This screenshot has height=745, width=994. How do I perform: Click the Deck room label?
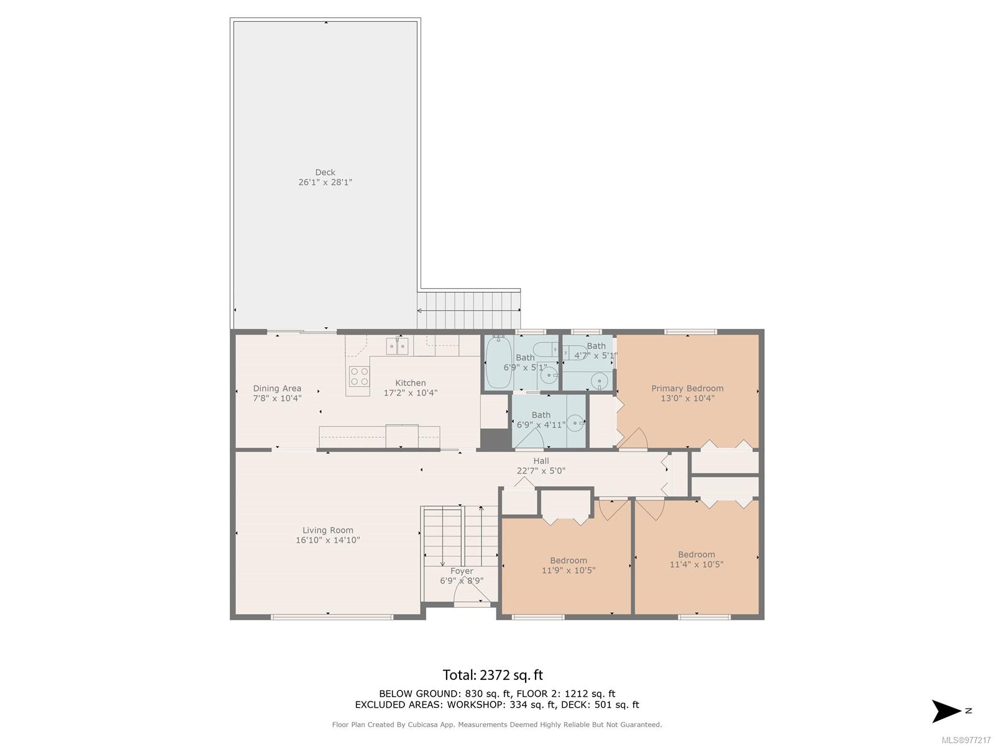tap(325, 173)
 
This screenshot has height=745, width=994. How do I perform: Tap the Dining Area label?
tap(276, 388)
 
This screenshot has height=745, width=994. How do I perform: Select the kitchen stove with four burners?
tap(359, 376)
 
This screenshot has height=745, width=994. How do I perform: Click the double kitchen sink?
tap(397, 346)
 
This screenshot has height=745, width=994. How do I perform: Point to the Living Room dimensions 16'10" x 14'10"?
tap(327, 540)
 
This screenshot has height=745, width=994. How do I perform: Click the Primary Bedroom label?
tap(687, 388)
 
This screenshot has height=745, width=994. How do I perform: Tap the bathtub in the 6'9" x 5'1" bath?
tap(499, 363)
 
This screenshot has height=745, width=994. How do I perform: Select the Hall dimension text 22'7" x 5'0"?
tap(540, 471)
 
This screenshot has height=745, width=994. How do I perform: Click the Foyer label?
tap(462, 571)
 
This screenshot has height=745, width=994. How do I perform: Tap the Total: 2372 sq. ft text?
tap(492, 675)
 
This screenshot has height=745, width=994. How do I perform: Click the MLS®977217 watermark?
tap(966, 740)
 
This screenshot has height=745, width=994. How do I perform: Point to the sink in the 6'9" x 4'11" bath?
tap(575, 423)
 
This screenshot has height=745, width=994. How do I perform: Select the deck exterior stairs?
tap(468, 310)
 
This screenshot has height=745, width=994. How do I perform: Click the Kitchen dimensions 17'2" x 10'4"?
tap(410, 392)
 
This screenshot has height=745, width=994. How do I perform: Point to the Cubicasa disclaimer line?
tap(497, 725)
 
